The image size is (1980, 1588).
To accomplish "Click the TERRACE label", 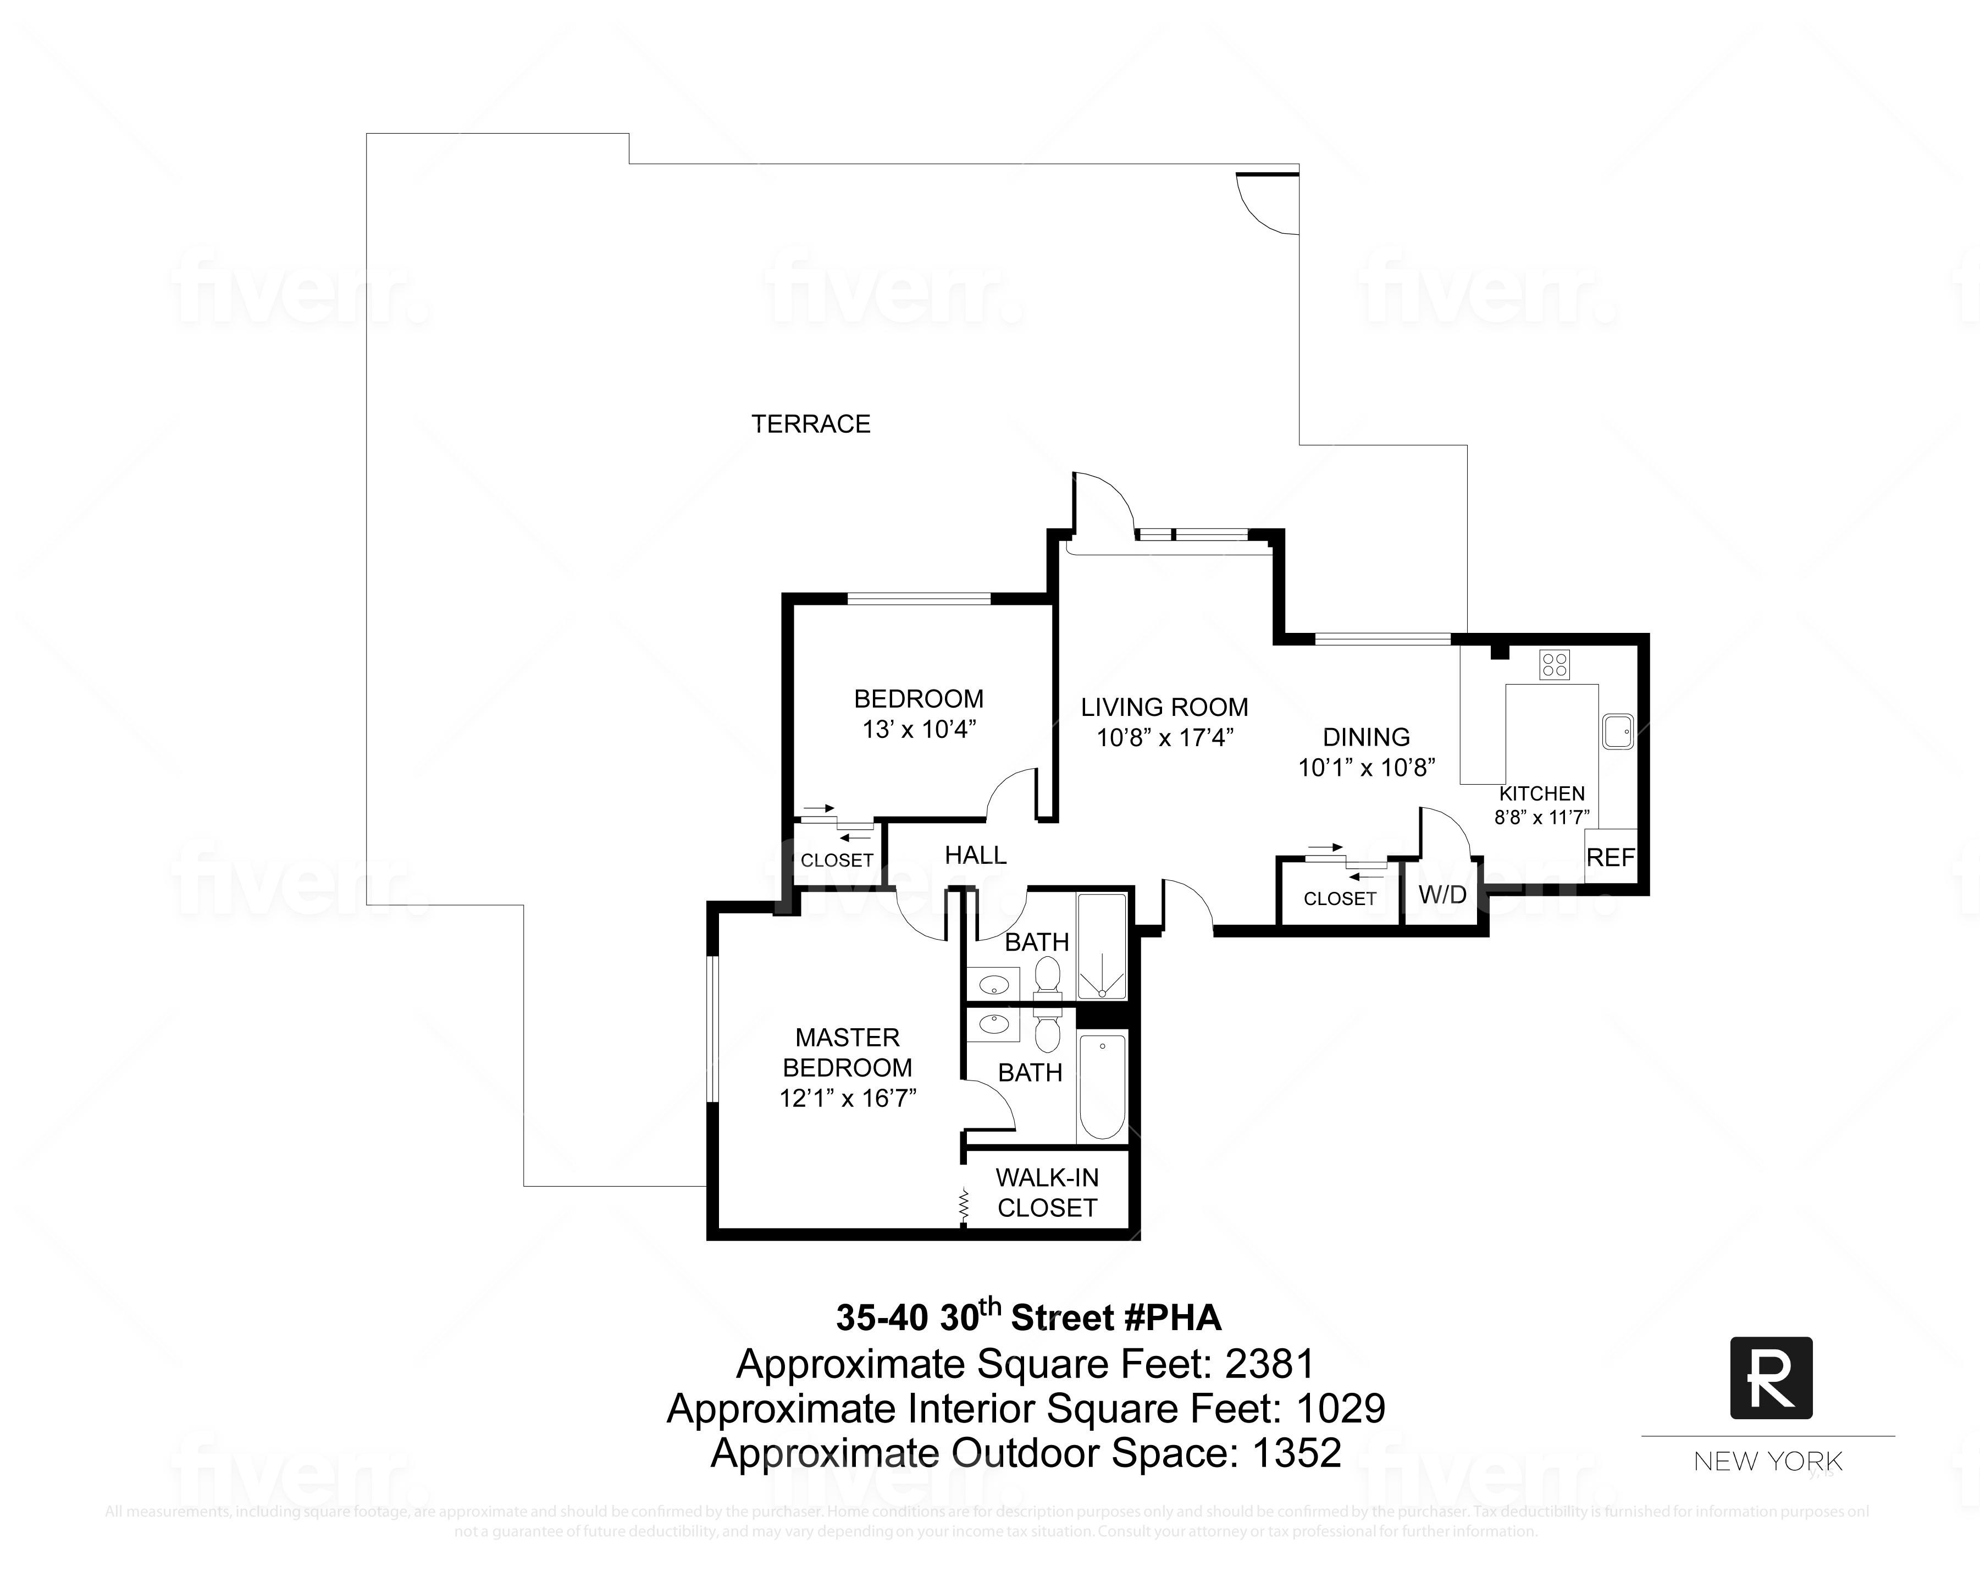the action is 810,424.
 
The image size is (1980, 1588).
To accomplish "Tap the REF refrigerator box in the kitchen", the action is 1611,857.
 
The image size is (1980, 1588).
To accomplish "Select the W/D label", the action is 1442,895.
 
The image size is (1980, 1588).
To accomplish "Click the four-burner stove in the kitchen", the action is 1555,664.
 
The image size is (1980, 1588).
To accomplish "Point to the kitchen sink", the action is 1617,732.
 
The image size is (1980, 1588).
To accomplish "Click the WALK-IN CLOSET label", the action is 1047,1192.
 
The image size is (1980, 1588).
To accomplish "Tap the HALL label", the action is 975,855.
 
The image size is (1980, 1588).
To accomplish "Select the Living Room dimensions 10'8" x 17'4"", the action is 1164,737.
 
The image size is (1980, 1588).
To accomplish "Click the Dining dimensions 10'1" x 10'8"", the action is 1365,767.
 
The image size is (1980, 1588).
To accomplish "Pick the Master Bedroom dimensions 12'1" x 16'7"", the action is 848,1098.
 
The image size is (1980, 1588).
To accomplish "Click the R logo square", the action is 1771,1377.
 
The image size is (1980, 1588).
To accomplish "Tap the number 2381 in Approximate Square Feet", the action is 1270,1364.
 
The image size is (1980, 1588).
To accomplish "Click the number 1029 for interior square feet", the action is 1340,1408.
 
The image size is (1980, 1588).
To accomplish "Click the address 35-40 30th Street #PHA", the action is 1027,1317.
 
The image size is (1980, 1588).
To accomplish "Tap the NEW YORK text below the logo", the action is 1768,1461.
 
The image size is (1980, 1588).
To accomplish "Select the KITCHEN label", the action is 1542,793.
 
